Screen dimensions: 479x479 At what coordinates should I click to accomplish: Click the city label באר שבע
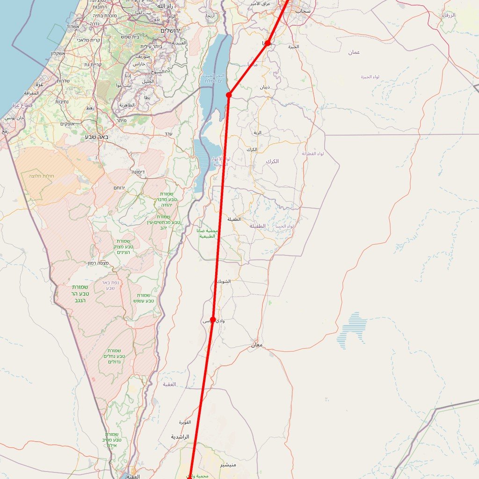point(97,137)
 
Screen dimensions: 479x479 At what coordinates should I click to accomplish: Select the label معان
point(257,345)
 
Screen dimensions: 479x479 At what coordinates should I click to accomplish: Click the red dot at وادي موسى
point(213,319)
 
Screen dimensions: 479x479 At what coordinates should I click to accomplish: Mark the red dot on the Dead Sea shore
point(229,95)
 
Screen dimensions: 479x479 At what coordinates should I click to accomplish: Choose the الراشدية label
point(180,437)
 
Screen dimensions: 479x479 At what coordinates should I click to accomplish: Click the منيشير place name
point(229,465)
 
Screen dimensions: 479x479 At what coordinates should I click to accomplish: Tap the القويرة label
point(185,422)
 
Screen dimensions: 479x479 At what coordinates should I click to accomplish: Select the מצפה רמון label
point(98,263)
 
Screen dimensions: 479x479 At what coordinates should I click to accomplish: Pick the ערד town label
point(168,134)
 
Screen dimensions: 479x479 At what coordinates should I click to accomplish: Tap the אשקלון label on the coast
point(60,53)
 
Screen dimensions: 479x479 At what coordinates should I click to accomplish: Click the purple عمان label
point(354,52)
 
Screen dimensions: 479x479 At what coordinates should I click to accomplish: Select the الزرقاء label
point(449,15)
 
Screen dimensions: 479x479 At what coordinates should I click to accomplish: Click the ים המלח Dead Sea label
point(215,81)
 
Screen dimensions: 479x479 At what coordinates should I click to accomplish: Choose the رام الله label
point(165,6)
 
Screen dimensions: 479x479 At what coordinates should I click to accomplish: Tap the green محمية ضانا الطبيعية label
point(207,233)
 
